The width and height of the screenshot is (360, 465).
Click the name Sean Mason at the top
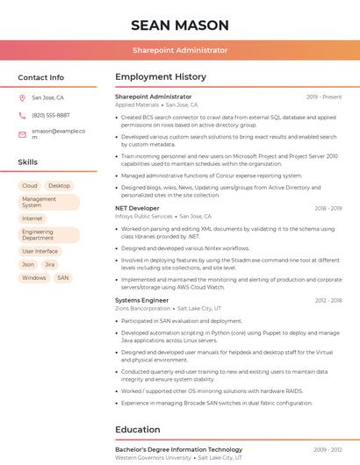tap(179, 25)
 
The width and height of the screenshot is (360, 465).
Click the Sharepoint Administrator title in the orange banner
tap(179, 51)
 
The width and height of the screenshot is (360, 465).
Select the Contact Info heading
tap(41, 77)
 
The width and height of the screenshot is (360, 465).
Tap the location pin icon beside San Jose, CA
tap(22, 97)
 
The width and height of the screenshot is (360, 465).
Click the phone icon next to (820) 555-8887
tap(22, 115)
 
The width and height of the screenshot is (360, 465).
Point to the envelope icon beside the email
tap(22, 134)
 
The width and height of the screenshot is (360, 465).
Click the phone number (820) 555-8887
tap(50, 115)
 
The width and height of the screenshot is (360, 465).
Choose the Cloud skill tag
tap(30, 186)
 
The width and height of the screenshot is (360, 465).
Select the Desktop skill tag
tap(60, 186)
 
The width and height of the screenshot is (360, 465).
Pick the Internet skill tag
tap(32, 218)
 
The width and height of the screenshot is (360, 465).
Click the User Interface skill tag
tap(40, 251)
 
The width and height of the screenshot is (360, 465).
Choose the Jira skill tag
tap(50, 264)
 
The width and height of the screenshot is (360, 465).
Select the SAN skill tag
tap(62, 277)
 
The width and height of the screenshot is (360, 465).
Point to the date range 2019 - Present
tap(324, 97)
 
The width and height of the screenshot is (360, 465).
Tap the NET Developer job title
tap(137, 208)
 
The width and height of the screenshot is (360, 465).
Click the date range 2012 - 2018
tap(328, 300)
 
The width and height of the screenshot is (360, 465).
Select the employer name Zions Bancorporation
tap(142, 308)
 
